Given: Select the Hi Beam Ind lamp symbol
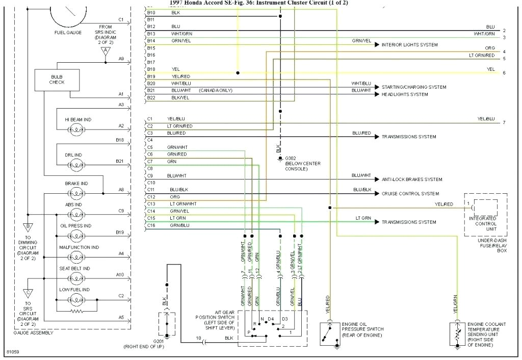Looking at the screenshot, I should [77, 130].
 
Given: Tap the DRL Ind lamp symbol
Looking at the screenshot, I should [77, 164].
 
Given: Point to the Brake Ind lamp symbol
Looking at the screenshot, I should [77, 193].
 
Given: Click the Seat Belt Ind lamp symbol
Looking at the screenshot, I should [77, 278].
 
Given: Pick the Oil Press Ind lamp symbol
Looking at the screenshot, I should [77, 236].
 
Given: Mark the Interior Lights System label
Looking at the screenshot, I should [409, 45].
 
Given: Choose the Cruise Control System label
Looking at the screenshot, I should [410, 194].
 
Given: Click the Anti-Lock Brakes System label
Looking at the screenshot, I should [411, 179].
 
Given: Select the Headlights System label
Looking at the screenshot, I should [405, 94].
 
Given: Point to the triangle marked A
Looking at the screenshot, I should [106, 50].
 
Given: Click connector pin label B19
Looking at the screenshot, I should [151, 76].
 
